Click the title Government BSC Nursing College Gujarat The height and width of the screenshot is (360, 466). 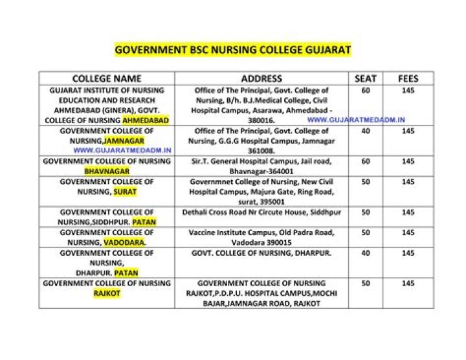(x=232, y=49)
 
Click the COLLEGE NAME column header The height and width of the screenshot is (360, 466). (x=106, y=78)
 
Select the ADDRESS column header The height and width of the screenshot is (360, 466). (x=261, y=78)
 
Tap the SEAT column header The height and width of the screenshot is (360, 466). (x=366, y=78)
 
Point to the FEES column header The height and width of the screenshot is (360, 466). (x=408, y=78)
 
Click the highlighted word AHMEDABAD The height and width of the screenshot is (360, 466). (x=146, y=120)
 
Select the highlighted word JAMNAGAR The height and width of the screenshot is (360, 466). (x=124, y=140)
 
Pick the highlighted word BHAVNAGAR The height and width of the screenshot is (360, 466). (x=107, y=171)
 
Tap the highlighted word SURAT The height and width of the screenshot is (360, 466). (x=125, y=192)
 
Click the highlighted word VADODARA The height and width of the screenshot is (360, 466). (x=124, y=242)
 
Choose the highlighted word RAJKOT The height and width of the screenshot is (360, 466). (x=107, y=293)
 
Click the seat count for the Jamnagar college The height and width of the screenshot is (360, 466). (x=366, y=131)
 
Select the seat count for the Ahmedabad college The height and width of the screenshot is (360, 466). (x=366, y=91)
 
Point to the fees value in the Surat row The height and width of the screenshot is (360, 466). (x=408, y=182)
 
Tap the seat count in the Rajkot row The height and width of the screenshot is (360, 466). (x=366, y=283)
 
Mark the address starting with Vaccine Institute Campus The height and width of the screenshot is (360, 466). (x=261, y=237)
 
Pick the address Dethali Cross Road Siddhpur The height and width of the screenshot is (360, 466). (x=261, y=212)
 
